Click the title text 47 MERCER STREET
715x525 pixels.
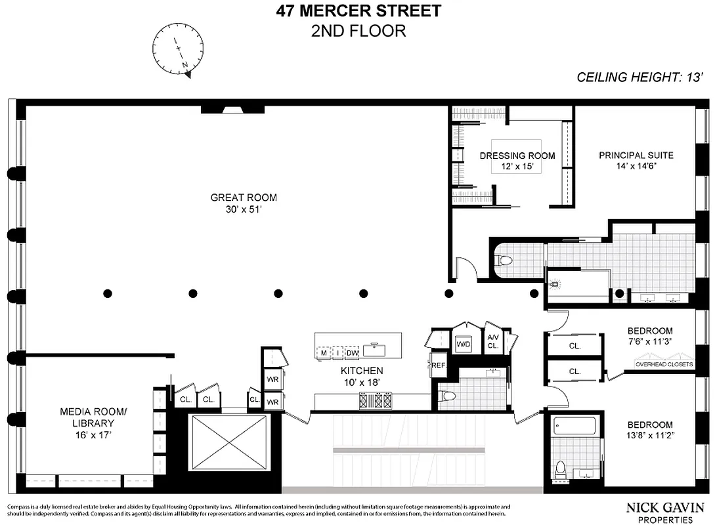[x=358, y=11]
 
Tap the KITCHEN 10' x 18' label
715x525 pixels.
[x=362, y=377]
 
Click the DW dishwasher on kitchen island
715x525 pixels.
[x=353, y=353]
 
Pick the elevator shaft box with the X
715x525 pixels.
[x=228, y=441]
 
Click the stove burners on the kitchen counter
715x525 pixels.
[x=376, y=400]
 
